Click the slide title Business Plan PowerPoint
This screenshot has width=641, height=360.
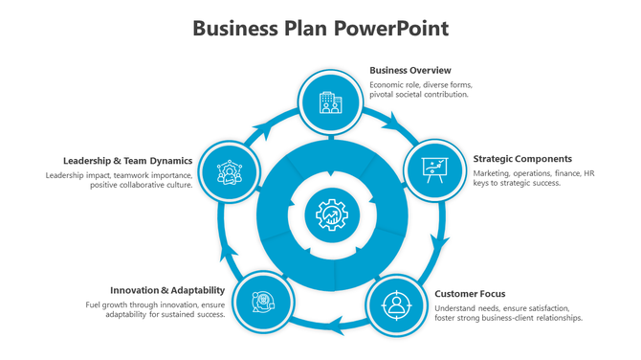(320, 28)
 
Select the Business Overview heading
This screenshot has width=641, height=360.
(409, 70)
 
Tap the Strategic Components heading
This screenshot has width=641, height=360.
(522, 158)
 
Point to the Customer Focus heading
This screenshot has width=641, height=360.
(470, 294)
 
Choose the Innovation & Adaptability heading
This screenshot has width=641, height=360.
(167, 290)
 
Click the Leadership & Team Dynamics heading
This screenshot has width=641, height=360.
(128, 161)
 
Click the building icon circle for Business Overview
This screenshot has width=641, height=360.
(330, 101)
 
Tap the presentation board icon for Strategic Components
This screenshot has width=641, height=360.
(434, 170)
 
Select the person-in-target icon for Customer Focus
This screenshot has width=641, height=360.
(395, 305)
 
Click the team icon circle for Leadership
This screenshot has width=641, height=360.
(228, 173)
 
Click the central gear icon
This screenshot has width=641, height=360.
(331, 215)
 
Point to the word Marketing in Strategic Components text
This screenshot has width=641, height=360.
(493, 173)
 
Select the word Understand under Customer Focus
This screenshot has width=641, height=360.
(457, 308)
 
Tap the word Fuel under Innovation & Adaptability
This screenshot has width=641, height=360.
(95, 304)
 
